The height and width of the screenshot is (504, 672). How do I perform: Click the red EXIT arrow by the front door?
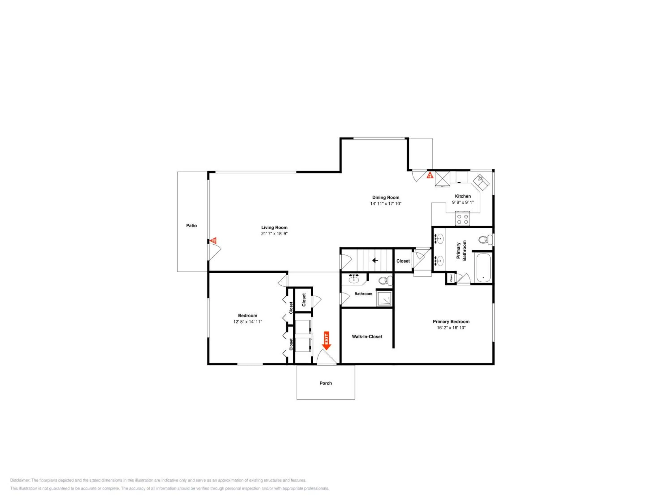[327, 340]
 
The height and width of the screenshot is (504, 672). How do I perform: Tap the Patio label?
[191, 225]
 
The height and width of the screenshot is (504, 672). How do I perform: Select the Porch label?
[326, 383]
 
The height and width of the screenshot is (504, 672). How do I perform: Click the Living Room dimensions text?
[274, 234]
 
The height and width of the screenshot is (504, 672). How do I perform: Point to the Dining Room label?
[386, 198]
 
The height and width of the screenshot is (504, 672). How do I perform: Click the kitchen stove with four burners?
[462, 219]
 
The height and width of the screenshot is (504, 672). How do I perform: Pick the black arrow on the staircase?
[375, 260]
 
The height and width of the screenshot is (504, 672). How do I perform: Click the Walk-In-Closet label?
[367, 337]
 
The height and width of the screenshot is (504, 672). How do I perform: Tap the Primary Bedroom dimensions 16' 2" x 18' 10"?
[451, 328]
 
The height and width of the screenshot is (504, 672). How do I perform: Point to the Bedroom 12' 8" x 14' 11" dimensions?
[248, 322]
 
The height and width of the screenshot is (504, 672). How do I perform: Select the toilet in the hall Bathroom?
[385, 281]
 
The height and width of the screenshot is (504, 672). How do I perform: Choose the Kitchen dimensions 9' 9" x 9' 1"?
[463, 202]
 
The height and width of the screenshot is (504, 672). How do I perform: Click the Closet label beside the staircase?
[403, 261]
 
